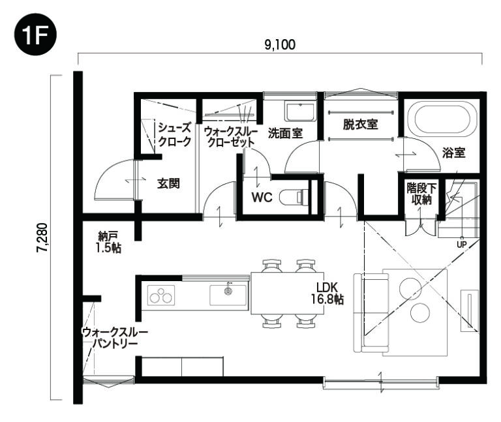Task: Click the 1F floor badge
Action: pos(35,35)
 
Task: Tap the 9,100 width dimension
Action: pos(280,45)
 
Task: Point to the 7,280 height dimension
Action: pos(42,237)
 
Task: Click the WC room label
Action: pos(262,197)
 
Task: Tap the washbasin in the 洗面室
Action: pos(300,112)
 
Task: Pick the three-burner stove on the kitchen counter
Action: pos(161,295)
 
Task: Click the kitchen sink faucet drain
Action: pos(228,290)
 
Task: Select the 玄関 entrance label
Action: pos(168,183)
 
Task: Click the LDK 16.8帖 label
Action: pos(327,293)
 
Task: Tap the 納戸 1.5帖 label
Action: pos(108,243)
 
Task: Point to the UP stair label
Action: pos(462,245)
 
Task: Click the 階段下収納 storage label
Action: pos(421,194)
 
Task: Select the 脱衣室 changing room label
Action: pos(360,125)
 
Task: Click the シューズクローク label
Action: pos(175,134)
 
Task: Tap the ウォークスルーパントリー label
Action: pos(115,338)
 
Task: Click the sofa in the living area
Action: pos(371,313)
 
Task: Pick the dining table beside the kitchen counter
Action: pos(287,294)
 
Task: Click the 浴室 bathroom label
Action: pos(454,153)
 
